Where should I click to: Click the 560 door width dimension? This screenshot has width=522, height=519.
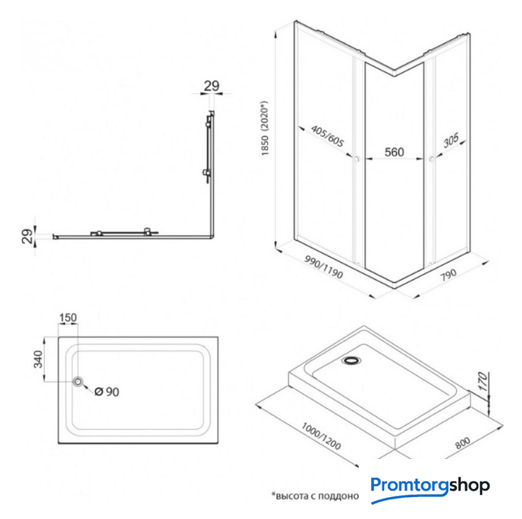pos(395,152)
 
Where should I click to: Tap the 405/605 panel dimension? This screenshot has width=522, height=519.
pos(327,136)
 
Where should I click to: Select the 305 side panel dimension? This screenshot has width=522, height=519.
pos(451,140)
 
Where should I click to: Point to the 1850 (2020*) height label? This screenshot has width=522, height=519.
pos(265,128)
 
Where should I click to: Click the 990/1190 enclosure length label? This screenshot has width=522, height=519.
pos(324,268)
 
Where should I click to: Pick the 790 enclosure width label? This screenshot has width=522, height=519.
pos(448,275)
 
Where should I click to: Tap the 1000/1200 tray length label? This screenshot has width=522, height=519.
pos(321,436)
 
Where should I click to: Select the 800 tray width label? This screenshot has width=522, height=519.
pos(463,443)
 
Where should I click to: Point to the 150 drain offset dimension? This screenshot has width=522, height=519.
pos(68,318)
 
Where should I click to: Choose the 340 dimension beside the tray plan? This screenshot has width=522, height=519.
pos(38,359)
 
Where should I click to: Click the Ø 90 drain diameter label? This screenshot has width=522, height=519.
pos(106,392)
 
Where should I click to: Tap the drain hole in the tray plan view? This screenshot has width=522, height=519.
pos(78,382)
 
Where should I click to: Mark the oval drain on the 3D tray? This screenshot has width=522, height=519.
pos(351,360)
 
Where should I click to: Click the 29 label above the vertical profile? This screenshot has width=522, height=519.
pos(212,86)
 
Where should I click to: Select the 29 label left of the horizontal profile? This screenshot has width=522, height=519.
pos(28,236)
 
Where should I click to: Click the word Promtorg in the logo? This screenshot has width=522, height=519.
pos(409,485)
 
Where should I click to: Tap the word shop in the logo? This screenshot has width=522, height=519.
pos(469,486)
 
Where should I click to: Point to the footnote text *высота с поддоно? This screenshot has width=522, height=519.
pos(315,496)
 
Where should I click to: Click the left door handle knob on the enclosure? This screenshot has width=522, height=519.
pos(357,159)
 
